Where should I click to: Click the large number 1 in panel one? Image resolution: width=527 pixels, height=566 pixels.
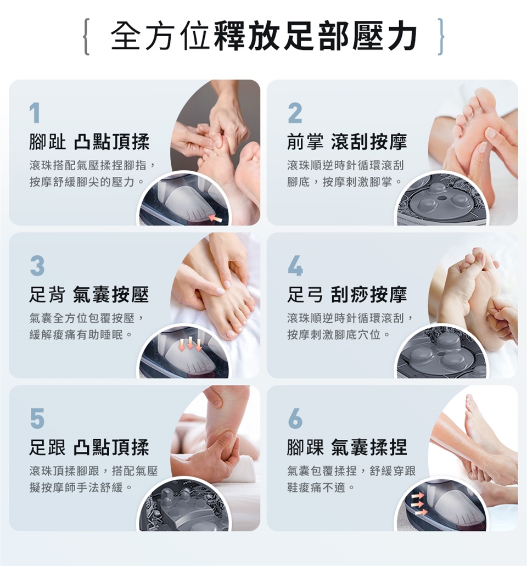pyautogui.click(x=35, y=114)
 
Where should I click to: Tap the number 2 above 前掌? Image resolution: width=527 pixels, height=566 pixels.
pyautogui.click(x=295, y=114)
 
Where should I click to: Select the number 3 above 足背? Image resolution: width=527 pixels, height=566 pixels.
pyautogui.click(x=37, y=266)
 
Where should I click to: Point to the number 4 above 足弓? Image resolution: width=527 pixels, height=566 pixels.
pyautogui.click(x=295, y=266)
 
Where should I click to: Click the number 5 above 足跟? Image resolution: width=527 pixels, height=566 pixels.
pyautogui.click(x=37, y=419)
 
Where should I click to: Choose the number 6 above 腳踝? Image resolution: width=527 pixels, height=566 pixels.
pyautogui.click(x=295, y=419)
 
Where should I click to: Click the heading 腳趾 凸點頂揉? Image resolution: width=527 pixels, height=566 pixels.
pyautogui.click(x=89, y=143)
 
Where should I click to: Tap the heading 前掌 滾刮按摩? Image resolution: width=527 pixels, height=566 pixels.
pyautogui.click(x=347, y=143)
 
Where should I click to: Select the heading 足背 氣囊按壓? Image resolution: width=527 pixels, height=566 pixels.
pyautogui.click(x=89, y=295)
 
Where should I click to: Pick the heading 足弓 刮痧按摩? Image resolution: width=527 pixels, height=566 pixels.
pyautogui.click(x=347, y=295)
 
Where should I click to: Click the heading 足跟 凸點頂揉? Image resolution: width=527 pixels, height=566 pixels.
pyautogui.click(x=89, y=447)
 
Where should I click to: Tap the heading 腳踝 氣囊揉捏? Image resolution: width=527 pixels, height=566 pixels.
pyautogui.click(x=347, y=447)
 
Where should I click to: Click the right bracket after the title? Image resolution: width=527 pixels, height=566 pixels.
pyautogui.click(x=440, y=36)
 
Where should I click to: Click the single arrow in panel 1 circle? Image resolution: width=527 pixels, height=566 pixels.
pyautogui.click(x=216, y=218)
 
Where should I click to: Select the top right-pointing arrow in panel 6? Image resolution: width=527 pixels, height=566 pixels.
pyautogui.click(x=418, y=496)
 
